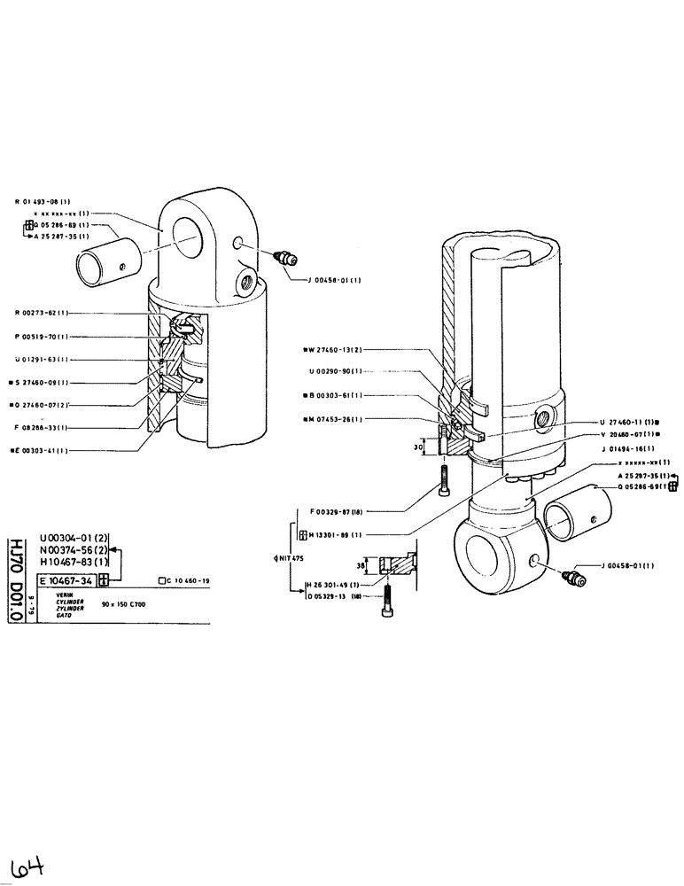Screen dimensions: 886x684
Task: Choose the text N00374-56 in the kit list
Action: tap(74, 548)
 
